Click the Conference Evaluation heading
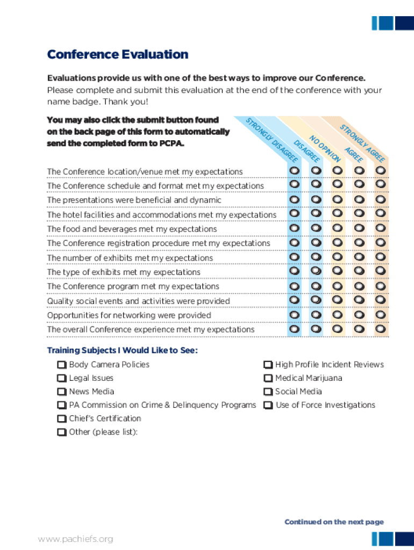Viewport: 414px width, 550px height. click(x=118, y=55)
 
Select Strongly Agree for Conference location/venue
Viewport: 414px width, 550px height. click(x=381, y=170)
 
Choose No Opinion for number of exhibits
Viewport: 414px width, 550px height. click(x=338, y=257)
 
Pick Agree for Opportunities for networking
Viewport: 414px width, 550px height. click(x=359, y=314)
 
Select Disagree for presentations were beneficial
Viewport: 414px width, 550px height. click(x=316, y=199)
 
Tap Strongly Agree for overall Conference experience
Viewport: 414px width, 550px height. click(x=381, y=328)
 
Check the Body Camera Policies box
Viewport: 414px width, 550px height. click(x=61, y=365)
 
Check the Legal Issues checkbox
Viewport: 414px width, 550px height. click(x=61, y=378)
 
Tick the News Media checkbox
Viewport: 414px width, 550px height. click(x=61, y=392)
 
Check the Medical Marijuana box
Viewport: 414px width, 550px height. click(x=268, y=378)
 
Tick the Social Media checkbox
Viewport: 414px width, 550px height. click(x=268, y=392)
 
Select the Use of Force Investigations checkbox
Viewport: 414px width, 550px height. click(x=268, y=405)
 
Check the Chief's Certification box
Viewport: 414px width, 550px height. click(x=61, y=418)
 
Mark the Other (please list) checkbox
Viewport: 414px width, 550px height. click(x=61, y=432)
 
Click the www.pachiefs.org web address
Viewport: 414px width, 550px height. click(x=75, y=539)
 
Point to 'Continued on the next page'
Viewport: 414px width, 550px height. click(x=334, y=522)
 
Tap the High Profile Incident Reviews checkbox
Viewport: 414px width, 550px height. click(x=268, y=365)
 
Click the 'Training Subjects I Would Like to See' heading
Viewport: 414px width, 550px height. click(x=123, y=351)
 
